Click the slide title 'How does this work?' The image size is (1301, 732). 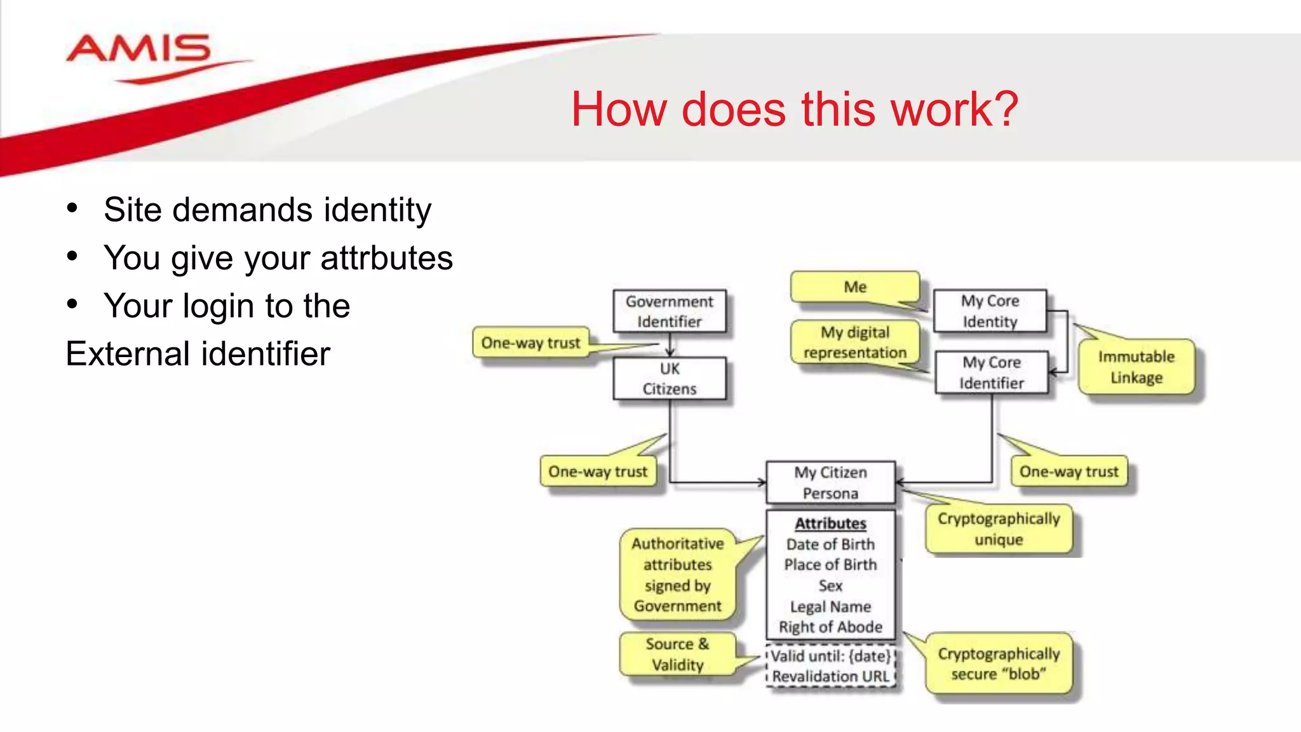[794, 109]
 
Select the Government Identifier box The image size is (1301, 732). [669, 311]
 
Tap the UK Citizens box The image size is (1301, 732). [669, 379]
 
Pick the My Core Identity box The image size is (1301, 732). [990, 311]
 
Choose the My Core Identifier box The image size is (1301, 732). [991, 372]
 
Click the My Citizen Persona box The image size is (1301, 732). [830, 483]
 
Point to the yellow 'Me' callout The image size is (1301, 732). [855, 287]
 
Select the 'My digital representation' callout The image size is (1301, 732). [855, 342]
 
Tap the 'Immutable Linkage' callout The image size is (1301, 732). [1136, 367]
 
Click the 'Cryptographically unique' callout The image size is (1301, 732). [999, 529]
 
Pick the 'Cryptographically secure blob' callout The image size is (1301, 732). [999, 664]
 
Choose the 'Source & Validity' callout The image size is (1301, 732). [677, 654]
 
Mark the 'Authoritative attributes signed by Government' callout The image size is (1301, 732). [677, 574]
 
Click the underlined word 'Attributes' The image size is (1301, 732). [830, 524]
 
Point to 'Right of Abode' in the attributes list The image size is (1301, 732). [830, 627]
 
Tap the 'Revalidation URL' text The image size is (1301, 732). [830, 677]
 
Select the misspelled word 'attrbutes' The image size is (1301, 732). [386, 259]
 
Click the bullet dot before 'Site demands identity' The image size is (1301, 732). [72, 208]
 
